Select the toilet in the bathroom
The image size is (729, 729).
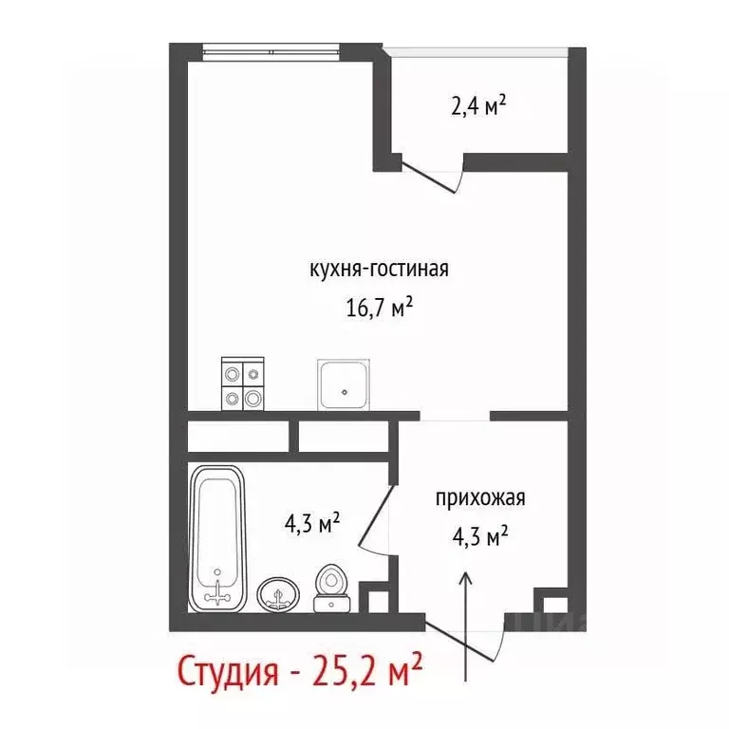pyautogui.click(x=331, y=588)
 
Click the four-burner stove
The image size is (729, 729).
pyautogui.click(x=241, y=383)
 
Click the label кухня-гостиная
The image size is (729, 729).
pyautogui.click(x=378, y=269)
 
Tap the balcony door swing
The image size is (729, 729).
pyautogui.click(x=432, y=176)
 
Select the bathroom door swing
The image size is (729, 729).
pyautogui.click(x=375, y=513)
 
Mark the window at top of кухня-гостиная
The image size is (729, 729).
pyautogui.click(x=271, y=48)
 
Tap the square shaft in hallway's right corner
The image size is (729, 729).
pyautogui.click(x=548, y=602)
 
